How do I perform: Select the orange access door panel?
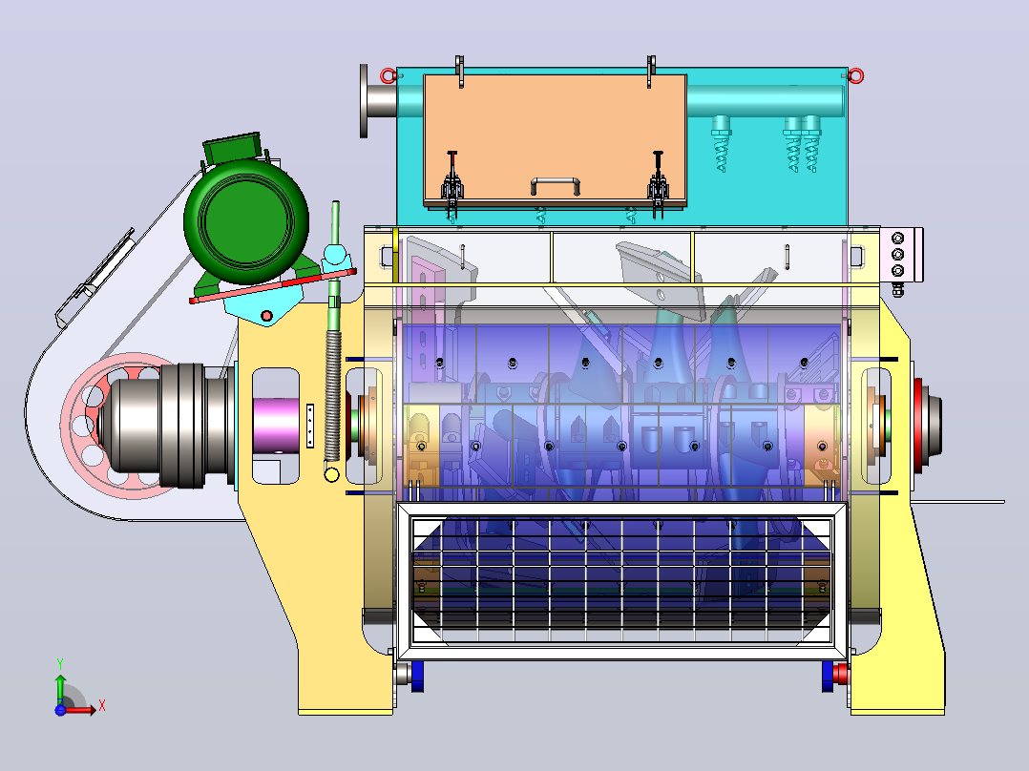[556, 139]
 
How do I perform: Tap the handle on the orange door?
[556, 185]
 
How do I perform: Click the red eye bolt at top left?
[388, 76]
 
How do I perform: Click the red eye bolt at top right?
[855, 76]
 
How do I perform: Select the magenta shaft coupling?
[276, 426]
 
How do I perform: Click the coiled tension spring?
[333, 396]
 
